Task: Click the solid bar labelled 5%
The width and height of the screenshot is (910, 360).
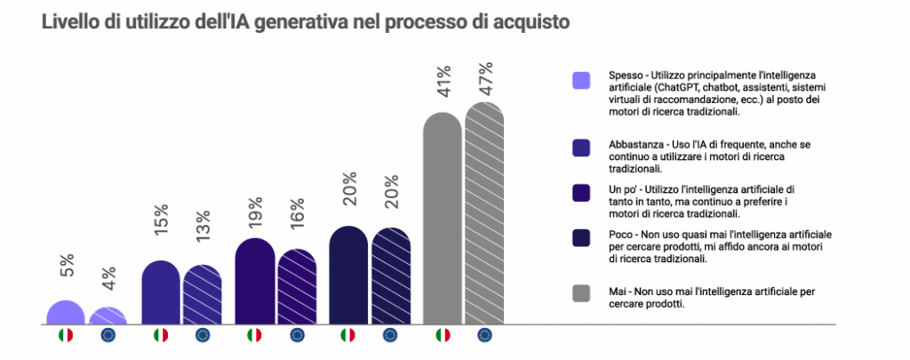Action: coord(65,313)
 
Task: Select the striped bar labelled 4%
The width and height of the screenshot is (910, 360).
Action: coord(108,316)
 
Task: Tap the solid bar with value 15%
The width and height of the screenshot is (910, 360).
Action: coord(160,293)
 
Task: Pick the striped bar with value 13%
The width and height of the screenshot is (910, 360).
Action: coord(203,296)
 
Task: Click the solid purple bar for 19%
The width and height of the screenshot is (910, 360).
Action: coord(254,282)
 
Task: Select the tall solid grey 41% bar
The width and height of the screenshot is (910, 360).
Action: coord(442,219)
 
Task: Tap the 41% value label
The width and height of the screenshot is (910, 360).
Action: coord(443,83)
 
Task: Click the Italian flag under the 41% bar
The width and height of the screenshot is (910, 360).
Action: coord(443,335)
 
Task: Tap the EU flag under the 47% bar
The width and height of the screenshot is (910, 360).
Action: coord(484,335)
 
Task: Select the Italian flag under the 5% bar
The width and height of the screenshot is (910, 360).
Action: coord(65,335)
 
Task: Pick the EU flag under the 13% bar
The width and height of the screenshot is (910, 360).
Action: coord(203,335)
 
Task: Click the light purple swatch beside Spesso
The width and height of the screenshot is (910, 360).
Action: coord(582,81)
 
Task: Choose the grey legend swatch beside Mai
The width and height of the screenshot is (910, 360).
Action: coord(582,293)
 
